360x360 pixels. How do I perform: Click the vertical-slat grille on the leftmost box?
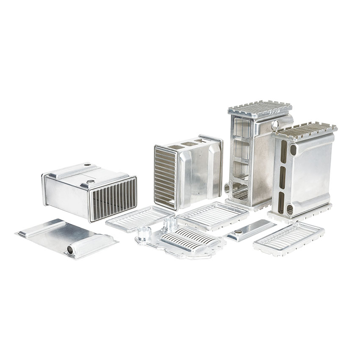tap(114, 198)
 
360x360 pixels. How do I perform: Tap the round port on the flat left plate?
tap(70, 250)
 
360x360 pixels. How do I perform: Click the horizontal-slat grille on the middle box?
tap(166, 177)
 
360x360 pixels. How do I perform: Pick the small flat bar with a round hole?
tap(250, 230)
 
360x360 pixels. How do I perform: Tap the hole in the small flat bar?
tap(238, 232)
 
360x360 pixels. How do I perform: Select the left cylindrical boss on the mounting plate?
tap(144, 233)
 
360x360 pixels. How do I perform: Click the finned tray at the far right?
tap(289, 238)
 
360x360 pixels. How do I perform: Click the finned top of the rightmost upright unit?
tap(304, 131)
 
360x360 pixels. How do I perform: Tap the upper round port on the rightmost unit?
tap(293, 150)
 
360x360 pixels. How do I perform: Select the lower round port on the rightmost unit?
tap(290, 209)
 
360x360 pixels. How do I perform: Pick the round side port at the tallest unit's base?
tap(227, 188)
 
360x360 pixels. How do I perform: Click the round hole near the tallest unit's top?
tap(275, 125)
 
